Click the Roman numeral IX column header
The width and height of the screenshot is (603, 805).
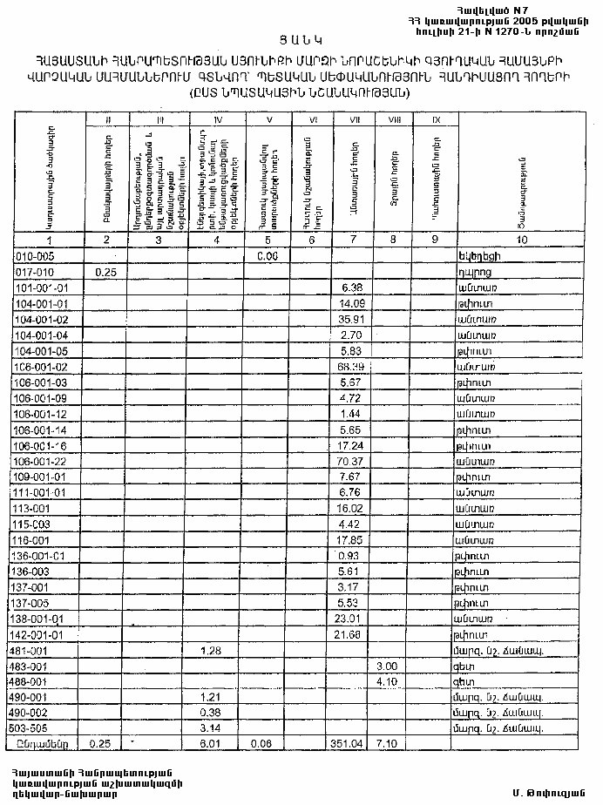point(433,119)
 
